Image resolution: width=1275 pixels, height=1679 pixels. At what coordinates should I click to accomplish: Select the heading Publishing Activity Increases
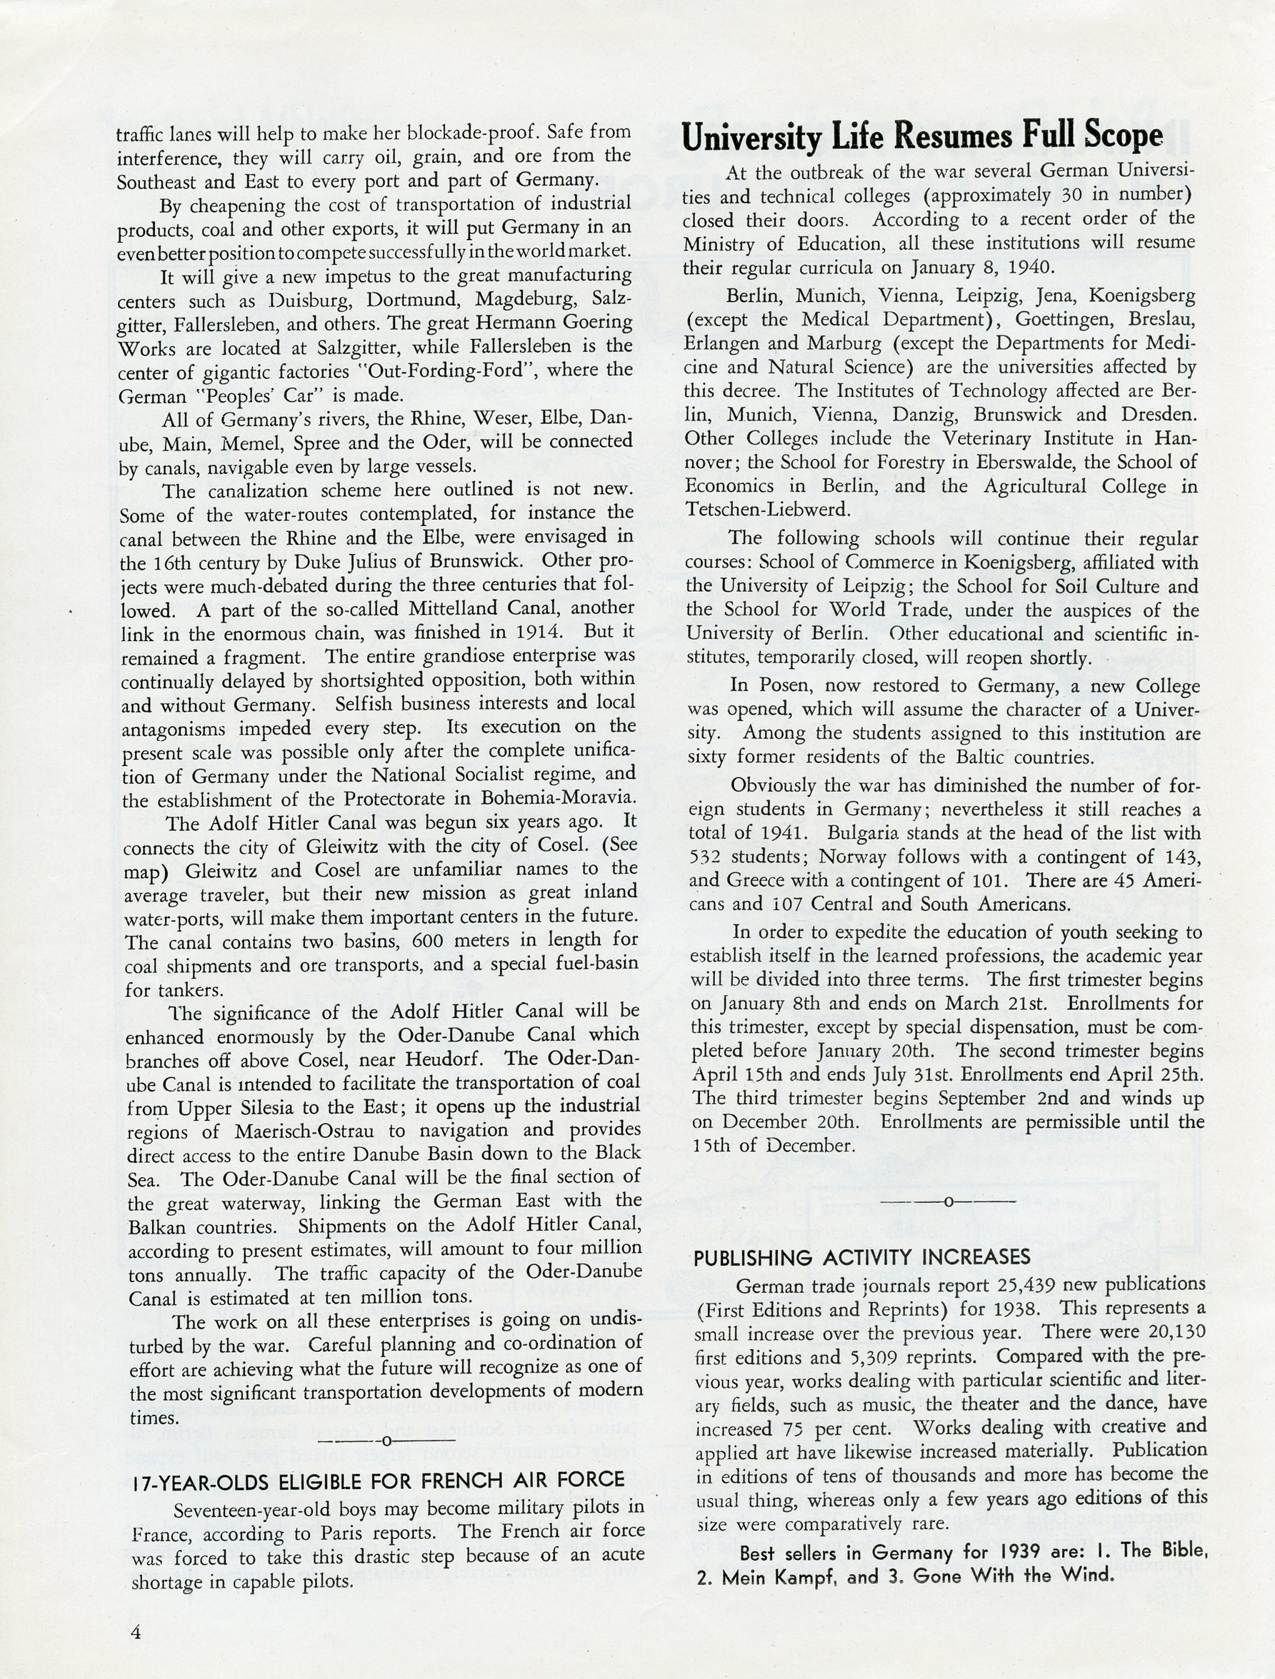coord(862,1257)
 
